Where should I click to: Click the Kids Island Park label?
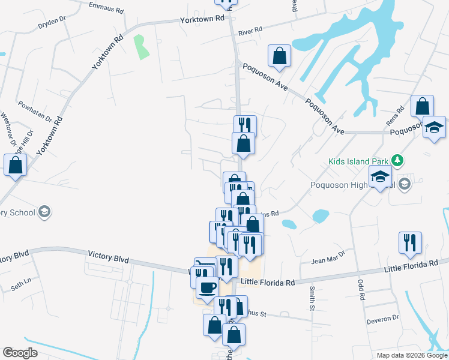[358, 161]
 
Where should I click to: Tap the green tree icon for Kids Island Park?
[396, 160]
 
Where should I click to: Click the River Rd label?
[250, 29]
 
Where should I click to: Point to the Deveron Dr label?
[383, 318]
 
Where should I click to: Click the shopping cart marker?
[205, 268]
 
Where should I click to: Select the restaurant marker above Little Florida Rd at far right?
[410, 242]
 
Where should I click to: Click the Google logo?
[20, 352]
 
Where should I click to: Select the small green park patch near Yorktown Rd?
[141, 47]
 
